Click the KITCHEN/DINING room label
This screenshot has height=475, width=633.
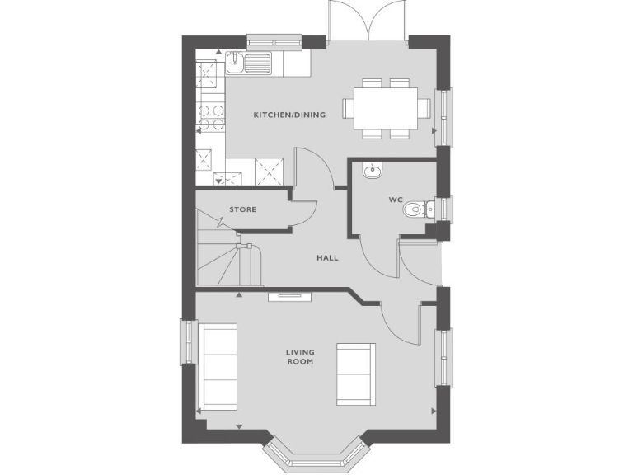coord(288,115)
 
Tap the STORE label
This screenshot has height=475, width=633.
coord(242,209)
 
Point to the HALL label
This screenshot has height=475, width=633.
coord(327,257)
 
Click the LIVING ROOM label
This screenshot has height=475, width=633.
coord(300,357)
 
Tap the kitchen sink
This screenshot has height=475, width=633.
coord(246,61)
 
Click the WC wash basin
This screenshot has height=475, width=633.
coord(372,171)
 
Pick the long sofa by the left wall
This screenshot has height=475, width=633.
coord(219,365)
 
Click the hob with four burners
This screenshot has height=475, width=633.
coord(210,117)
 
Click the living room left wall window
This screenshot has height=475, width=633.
coord(188,341)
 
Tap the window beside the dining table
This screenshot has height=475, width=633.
coord(444,115)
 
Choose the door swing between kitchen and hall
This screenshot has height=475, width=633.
coord(316,168)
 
